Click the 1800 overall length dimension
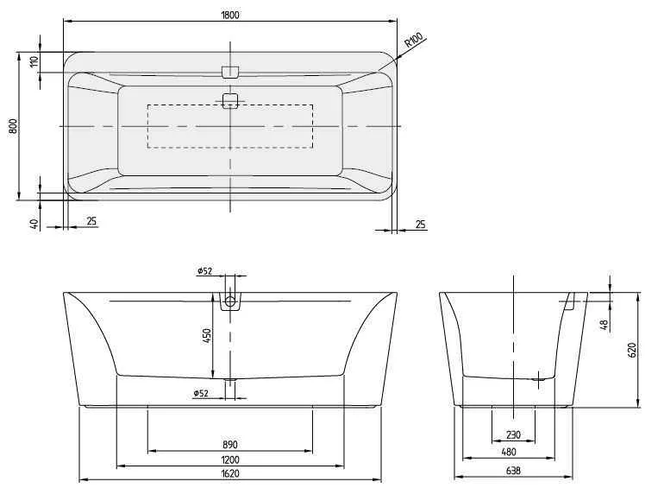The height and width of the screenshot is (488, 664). [x=229, y=14]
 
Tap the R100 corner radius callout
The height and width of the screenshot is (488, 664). [x=415, y=44]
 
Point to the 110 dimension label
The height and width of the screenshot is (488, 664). [x=34, y=62]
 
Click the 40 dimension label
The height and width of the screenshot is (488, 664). [x=34, y=223]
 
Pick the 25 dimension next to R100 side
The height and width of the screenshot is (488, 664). [x=421, y=225]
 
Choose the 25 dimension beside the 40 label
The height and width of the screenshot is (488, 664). [x=91, y=221]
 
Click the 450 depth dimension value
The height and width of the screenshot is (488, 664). [x=207, y=335]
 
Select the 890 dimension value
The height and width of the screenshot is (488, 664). [x=229, y=444]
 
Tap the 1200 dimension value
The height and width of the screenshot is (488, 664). [x=229, y=459]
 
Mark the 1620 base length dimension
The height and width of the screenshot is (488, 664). [x=229, y=473]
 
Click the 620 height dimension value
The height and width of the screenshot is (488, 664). [x=631, y=350]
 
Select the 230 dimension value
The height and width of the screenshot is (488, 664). [x=513, y=435]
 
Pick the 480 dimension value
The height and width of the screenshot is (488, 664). [x=513, y=451]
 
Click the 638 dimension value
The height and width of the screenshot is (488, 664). [x=513, y=472]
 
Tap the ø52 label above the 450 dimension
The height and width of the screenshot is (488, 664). [x=204, y=270]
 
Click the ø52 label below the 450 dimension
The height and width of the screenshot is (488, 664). [x=201, y=393]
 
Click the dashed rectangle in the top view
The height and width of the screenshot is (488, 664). [x=229, y=126]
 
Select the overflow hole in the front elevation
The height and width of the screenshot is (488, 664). [x=230, y=302]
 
